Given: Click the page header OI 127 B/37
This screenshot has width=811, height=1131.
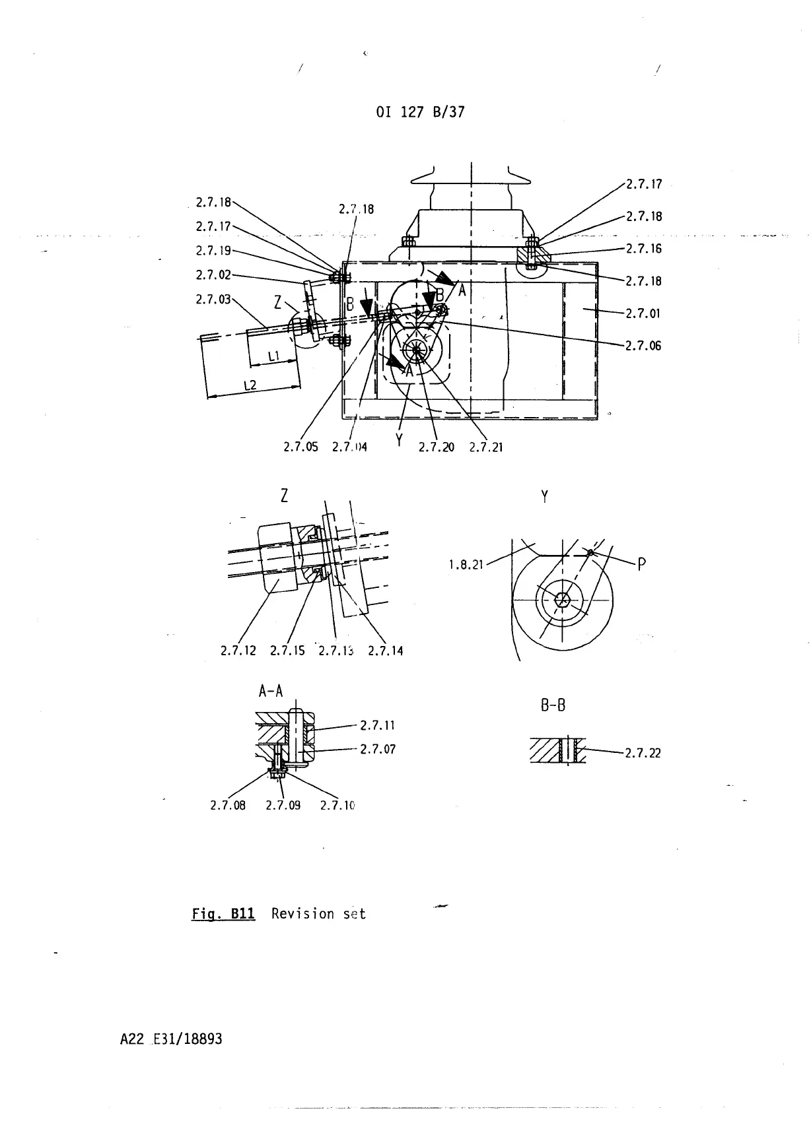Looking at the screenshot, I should (x=420, y=112).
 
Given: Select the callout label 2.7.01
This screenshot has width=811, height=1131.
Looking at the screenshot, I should (x=643, y=313).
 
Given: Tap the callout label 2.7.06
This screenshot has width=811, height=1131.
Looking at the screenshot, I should (x=643, y=346).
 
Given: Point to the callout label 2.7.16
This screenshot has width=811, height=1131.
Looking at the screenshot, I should (x=643, y=249).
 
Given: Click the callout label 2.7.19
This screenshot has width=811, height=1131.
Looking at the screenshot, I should (x=213, y=251).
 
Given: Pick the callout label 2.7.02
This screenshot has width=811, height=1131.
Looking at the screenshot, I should (x=213, y=275).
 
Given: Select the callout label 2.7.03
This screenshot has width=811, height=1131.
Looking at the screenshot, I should (x=213, y=300).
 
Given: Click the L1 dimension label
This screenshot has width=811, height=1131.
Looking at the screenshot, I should (x=275, y=357).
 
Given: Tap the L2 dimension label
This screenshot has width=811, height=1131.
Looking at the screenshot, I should (x=250, y=385).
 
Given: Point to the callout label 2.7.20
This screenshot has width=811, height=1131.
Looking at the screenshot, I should (x=437, y=447).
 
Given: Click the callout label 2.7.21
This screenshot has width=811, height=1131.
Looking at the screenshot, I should (x=486, y=447).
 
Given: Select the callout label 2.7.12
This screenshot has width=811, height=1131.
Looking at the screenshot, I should (x=238, y=651).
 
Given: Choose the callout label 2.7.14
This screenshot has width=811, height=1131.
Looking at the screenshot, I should (x=386, y=651).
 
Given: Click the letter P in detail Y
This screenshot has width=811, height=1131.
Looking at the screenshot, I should (x=641, y=564).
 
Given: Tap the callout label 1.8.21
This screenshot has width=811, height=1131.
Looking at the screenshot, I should (x=466, y=565).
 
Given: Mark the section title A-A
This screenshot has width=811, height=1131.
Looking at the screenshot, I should (x=271, y=692).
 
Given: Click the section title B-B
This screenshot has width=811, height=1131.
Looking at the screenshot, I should (x=553, y=705).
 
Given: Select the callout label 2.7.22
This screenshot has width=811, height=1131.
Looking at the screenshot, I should (x=643, y=753).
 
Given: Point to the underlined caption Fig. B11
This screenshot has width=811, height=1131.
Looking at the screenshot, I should (x=223, y=915).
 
